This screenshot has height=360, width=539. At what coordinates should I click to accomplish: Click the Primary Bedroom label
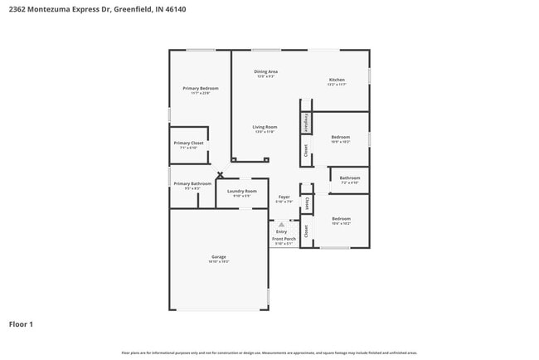201,88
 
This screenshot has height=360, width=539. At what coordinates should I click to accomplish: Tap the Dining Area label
265,71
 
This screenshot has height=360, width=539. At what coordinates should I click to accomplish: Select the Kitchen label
336,80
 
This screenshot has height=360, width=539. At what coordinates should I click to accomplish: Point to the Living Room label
265,127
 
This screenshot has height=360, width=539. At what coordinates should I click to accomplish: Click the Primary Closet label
189,143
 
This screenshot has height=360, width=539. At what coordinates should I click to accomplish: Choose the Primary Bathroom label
192,183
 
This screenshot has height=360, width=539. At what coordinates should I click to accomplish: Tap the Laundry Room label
241,191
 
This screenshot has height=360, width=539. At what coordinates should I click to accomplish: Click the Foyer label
284,196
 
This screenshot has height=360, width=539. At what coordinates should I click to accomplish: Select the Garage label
219,256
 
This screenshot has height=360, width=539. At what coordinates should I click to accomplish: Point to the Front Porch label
284,238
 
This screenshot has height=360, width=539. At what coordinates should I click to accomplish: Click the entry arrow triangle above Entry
281,224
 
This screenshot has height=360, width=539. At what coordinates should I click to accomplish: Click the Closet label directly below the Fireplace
306,150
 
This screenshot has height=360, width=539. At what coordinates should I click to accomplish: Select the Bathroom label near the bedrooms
349,177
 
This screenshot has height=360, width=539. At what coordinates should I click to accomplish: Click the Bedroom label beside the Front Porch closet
341,218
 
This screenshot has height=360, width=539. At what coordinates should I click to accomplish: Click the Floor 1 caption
21,324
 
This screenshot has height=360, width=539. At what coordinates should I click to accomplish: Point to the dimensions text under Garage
219,261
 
